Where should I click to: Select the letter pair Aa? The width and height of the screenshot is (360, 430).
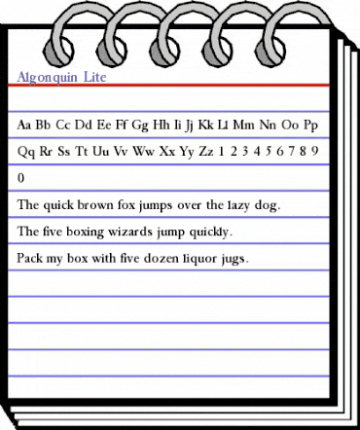26,125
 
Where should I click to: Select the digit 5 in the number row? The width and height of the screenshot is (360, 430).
266,152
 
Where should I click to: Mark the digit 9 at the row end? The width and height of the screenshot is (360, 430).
318,152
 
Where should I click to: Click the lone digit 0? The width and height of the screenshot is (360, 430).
22,179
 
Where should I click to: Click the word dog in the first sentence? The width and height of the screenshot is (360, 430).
266,206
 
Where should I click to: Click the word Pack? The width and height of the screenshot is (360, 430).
30,260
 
